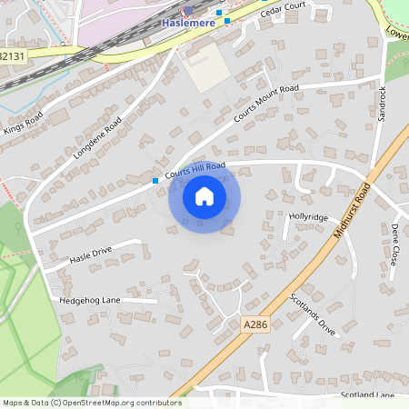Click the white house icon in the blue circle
[204, 196]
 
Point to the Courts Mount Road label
[266, 104]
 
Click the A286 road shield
[255, 323]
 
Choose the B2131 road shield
[12, 55]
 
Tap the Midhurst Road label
[352, 210]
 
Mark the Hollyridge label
[308, 217]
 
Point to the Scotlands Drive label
[313, 314]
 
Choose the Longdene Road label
[96, 136]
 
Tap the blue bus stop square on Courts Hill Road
[155, 181]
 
